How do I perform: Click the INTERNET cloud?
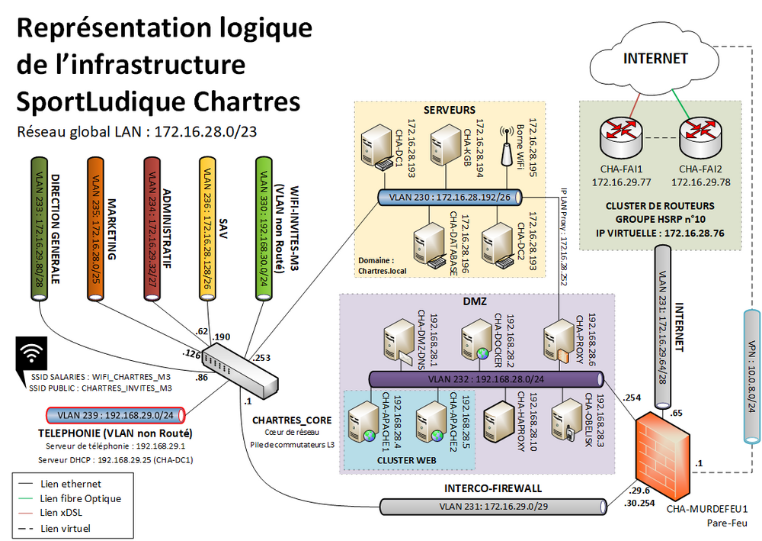point(655,58)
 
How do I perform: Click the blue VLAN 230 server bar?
point(450,198)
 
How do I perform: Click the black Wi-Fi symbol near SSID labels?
point(30,356)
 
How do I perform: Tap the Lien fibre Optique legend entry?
point(69,498)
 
